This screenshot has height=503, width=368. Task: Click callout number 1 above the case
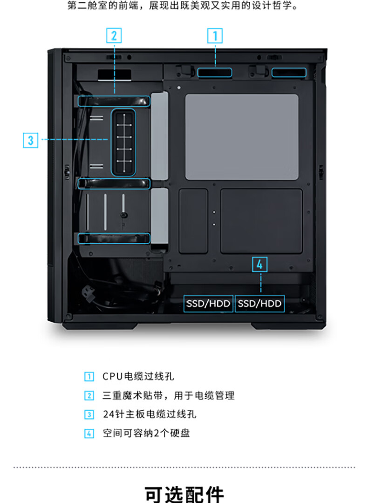tap(215, 35)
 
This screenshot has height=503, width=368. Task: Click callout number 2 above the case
tap(114, 35)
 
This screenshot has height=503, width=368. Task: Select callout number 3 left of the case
tap(30, 140)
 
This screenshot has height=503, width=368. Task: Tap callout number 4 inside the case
tap(259, 265)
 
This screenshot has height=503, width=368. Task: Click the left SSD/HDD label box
tap(208, 304)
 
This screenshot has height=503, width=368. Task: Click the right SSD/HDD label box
tap(259, 304)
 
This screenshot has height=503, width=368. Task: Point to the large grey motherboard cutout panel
tap(242, 137)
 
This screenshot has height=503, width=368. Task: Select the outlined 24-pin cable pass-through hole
tap(123, 142)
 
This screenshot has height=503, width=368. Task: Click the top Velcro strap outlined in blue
tap(114, 101)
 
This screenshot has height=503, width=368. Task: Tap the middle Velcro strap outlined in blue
tap(114, 184)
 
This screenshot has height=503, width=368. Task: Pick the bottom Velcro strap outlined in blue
tap(114, 238)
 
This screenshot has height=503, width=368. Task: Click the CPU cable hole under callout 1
tap(215, 73)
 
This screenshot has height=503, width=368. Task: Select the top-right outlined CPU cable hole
tap(289, 73)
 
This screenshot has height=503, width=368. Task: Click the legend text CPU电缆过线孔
tap(138, 376)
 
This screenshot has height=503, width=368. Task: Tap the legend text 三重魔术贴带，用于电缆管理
tap(169, 395)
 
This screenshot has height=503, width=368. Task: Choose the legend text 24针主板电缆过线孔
tap(150, 414)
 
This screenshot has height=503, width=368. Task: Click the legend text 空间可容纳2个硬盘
tap(146, 433)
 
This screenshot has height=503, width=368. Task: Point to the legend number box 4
tap(89, 434)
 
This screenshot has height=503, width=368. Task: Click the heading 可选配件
tap(184, 494)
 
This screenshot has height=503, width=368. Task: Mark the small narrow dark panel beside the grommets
tap(193, 221)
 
